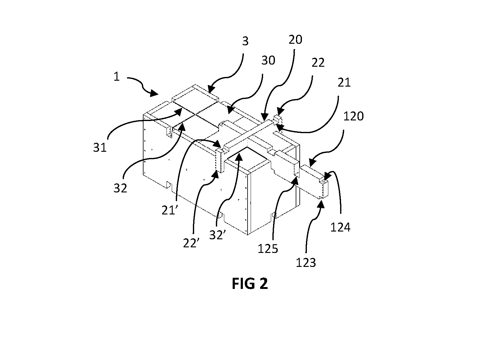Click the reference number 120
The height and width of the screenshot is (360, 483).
(x=353, y=116)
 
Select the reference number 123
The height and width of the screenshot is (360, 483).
(x=306, y=263)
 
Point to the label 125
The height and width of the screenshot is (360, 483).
(x=268, y=249)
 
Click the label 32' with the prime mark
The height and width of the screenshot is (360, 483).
(x=217, y=235)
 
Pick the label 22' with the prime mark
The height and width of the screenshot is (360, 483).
(x=191, y=243)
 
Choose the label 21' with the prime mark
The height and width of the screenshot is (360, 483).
(x=169, y=210)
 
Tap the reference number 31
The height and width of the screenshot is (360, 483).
(x=100, y=147)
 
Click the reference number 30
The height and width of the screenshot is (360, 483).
(x=268, y=60)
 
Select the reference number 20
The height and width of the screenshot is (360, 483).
(x=295, y=39)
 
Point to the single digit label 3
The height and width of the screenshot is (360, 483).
(x=245, y=41)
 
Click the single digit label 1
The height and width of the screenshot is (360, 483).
(x=116, y=77)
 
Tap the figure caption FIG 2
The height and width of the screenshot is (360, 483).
(x=250, y=284)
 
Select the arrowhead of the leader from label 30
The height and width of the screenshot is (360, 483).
(x=229, y=111)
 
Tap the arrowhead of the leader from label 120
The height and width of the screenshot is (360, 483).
(x=312, y=164)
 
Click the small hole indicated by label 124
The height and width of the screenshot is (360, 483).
(x=323, y=181)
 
